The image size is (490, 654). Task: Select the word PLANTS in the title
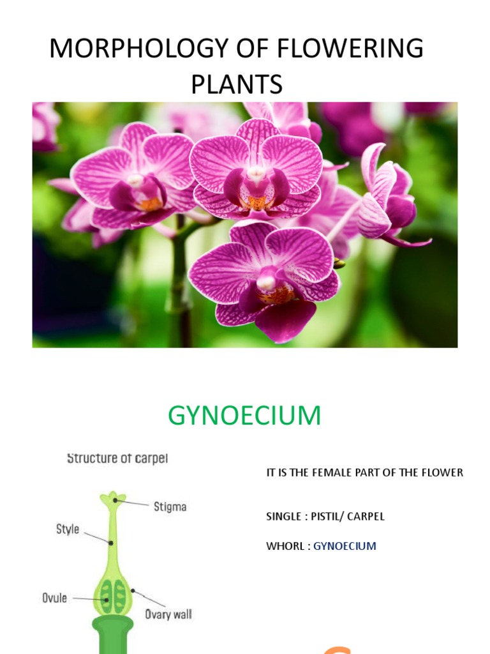pyautogui.click(x=236, y=84)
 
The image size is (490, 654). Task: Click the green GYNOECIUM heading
pyautogui.click(x=244, y=416)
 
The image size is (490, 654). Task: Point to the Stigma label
pyautogui.click(x=170, y=507)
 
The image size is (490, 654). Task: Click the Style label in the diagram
pyautogui.click(x=68, y=529)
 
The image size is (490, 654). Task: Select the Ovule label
pyautogui.click(x=54, y=598)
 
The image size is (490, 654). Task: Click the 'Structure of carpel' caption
pyautogui.click(x=117, y=459)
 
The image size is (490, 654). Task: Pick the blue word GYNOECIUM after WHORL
pyautogui.click(x=345, y=546)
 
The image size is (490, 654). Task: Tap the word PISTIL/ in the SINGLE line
pyautogui.click(x=330, y=516)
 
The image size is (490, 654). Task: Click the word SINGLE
pyautogui.click(x=284, y=516)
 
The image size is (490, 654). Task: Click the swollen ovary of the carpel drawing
pyautogui.click(x=113, y=595)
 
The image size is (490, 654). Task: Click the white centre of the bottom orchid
pyautogui.click(x=266, y=281)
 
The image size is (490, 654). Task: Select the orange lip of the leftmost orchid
pyautogui.click(x=151, y=204)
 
